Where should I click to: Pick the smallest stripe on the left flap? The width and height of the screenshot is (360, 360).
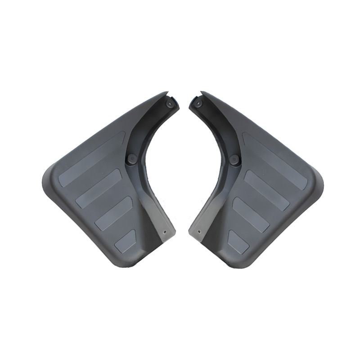125,241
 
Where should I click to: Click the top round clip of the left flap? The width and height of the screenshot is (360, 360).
170,103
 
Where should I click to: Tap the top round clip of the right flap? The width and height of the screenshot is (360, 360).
198,103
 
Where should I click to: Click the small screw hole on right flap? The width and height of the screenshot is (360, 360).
199,232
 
